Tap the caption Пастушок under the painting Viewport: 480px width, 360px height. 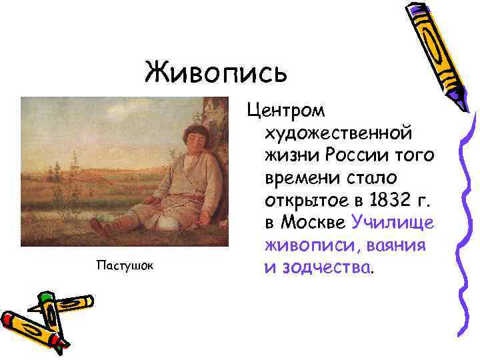click(x=125, y=266)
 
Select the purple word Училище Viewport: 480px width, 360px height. click(x=394, y=221)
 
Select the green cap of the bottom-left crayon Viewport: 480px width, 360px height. click(x=46, y=297)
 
